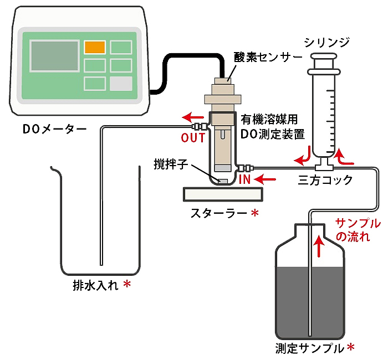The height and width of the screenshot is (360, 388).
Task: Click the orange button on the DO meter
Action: (x=94, y=47)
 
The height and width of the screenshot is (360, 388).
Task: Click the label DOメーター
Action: (x=54, y=130)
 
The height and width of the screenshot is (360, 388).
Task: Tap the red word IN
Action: (x=246, y=179)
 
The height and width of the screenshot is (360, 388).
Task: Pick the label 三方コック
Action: (x=325, y=181)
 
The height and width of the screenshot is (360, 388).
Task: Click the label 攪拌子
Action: (x=171, y=164)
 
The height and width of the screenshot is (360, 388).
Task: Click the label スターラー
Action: (x=218, y=213)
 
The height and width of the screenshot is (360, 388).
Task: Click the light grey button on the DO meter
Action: (x=121, y=84)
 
